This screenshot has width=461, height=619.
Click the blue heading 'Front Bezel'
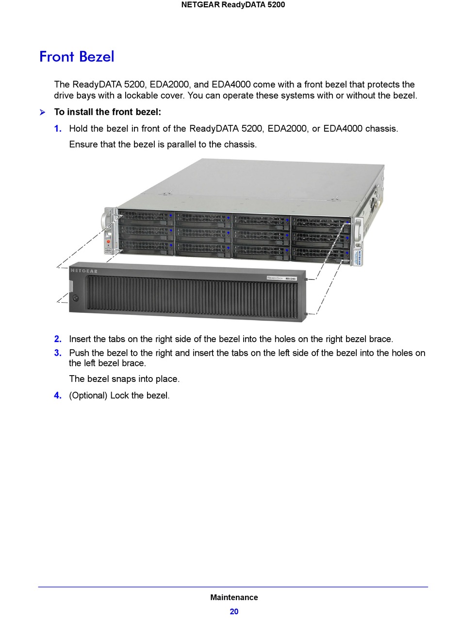click(x=77, y=57)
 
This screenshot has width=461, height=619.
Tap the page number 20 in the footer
click(x=234, y=611)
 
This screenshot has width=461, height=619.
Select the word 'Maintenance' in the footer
click(x=234, y=597)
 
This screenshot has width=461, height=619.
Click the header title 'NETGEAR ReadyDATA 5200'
click(x=233, y=5)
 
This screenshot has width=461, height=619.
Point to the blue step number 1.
click(x=58, y=129)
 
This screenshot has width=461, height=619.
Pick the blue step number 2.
click(x=58, y=339)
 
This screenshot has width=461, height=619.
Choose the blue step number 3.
click(x=58, y=353)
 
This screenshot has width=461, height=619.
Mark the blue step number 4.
click(x=58, y=395)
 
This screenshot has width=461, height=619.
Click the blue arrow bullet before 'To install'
click(x=43, y=113)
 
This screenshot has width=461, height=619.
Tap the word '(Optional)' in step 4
click(x=88, y=395)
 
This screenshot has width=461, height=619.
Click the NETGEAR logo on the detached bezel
click(x=84, y=271)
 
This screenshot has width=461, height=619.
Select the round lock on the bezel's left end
click(x=75, y=297)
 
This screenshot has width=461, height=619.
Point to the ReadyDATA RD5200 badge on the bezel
click(x=281, y=278)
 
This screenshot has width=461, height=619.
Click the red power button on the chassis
click(x=108, y=241)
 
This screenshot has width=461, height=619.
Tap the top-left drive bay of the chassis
click(x=146, y=215)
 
